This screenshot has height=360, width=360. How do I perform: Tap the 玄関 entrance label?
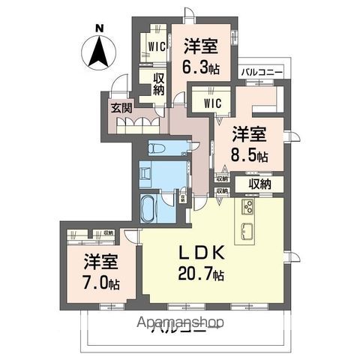(x=121, y=107)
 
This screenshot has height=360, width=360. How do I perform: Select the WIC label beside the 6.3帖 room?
(x=156, y=46)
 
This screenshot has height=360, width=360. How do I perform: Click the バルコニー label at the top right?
(x=262, y=73)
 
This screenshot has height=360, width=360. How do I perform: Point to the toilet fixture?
(x=157, y=148)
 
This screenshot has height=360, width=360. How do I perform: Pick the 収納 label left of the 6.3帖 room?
(x=158, y=85)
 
